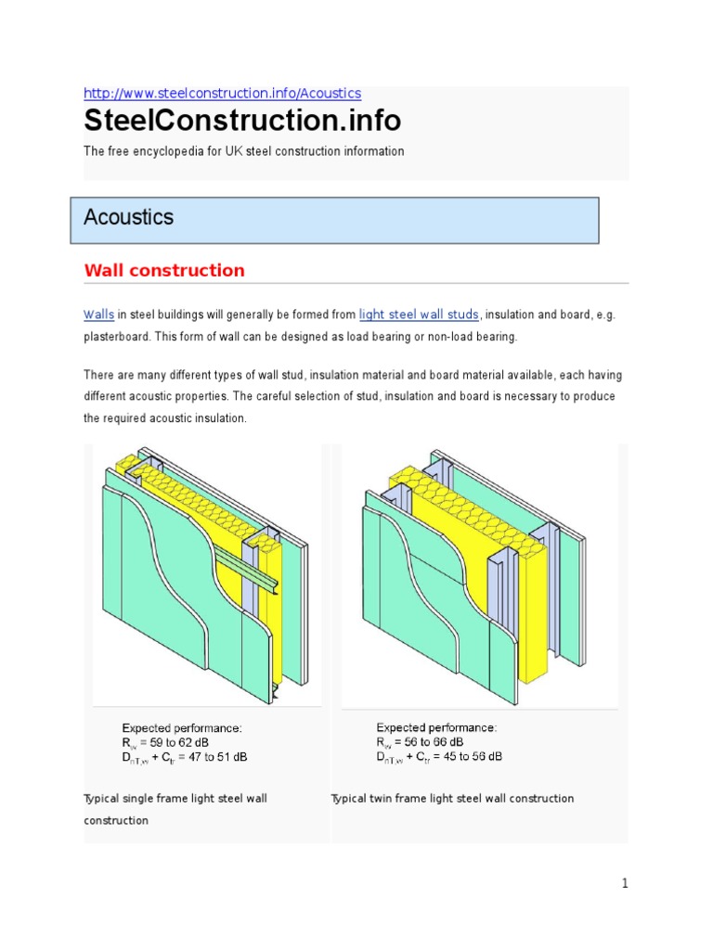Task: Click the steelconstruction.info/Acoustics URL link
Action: click(222, 94)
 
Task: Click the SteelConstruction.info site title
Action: click(242, 121)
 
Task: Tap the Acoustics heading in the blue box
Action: click(129, 217)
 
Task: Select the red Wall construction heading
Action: click(164, 271)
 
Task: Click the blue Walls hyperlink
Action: click(98, 315)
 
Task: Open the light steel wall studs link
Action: click(420, 315)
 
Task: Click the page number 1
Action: click(625, 884)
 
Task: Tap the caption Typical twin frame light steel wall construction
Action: click(453, 799)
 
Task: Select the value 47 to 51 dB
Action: click(218, 757)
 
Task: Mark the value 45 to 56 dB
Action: click(473, 757)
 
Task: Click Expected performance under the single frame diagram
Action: click(182, 727)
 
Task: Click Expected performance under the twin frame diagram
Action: click(436, 727)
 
